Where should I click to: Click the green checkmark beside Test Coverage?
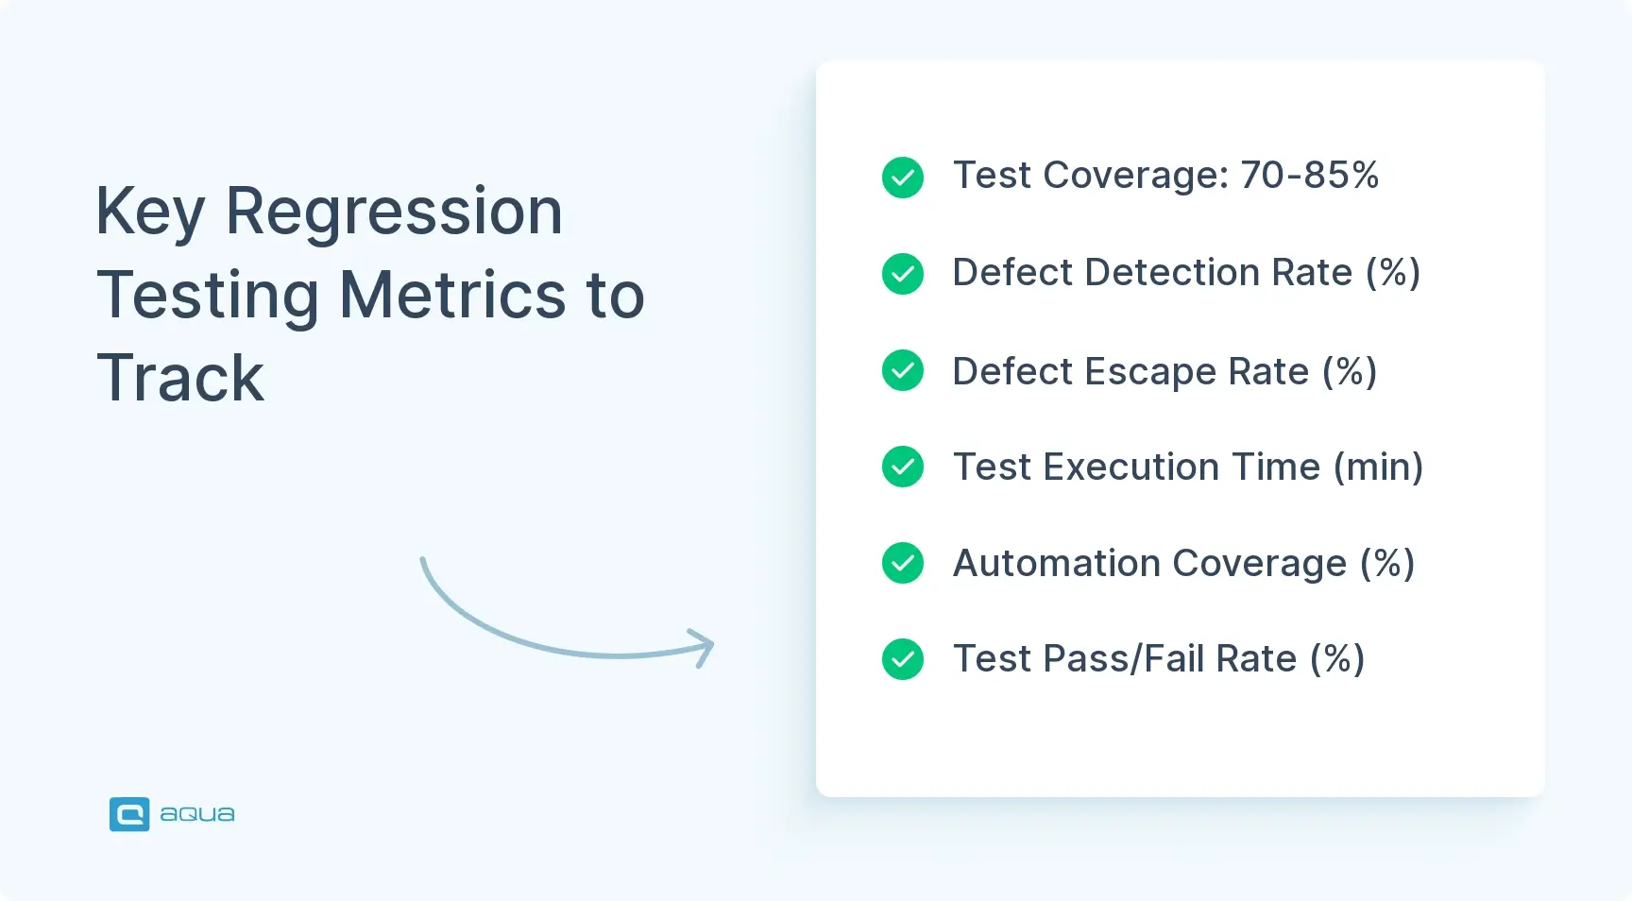pos(903,177)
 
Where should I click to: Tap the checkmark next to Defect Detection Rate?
pos(903,274)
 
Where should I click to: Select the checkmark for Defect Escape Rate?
pos(903,370)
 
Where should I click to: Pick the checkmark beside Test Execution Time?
pos(903,467)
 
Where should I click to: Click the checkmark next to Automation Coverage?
pos(903,563)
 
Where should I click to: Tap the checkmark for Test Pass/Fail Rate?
pos(903,659)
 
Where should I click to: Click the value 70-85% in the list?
pos(1309,175)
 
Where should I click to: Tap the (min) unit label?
pos(1378,467)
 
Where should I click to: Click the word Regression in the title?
pos(394,212)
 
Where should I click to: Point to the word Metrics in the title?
pos(452,295)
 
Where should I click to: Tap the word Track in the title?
pos(180,378)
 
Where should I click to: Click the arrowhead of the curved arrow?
pos(705,647)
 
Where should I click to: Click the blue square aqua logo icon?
pos(129,814)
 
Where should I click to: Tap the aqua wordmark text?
pos(196,814)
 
